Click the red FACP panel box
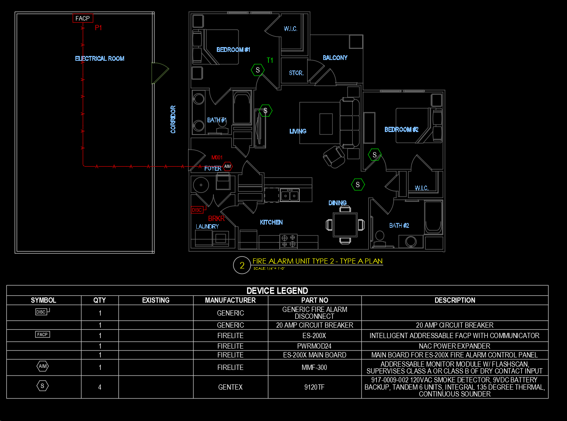83,18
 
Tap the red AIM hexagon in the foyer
227,167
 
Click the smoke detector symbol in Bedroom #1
258,70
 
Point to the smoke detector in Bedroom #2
374,155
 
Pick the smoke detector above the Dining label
357,185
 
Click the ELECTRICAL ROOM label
100,58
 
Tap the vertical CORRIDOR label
173,119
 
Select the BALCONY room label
335,58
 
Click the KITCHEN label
271,222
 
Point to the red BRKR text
216,219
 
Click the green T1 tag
270,60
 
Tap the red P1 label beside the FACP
98,28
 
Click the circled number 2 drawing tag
242,265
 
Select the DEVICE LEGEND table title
277,291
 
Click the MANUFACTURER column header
231,300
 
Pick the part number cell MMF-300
314,367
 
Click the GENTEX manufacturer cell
231,387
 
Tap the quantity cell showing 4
100,387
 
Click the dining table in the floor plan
345,225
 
